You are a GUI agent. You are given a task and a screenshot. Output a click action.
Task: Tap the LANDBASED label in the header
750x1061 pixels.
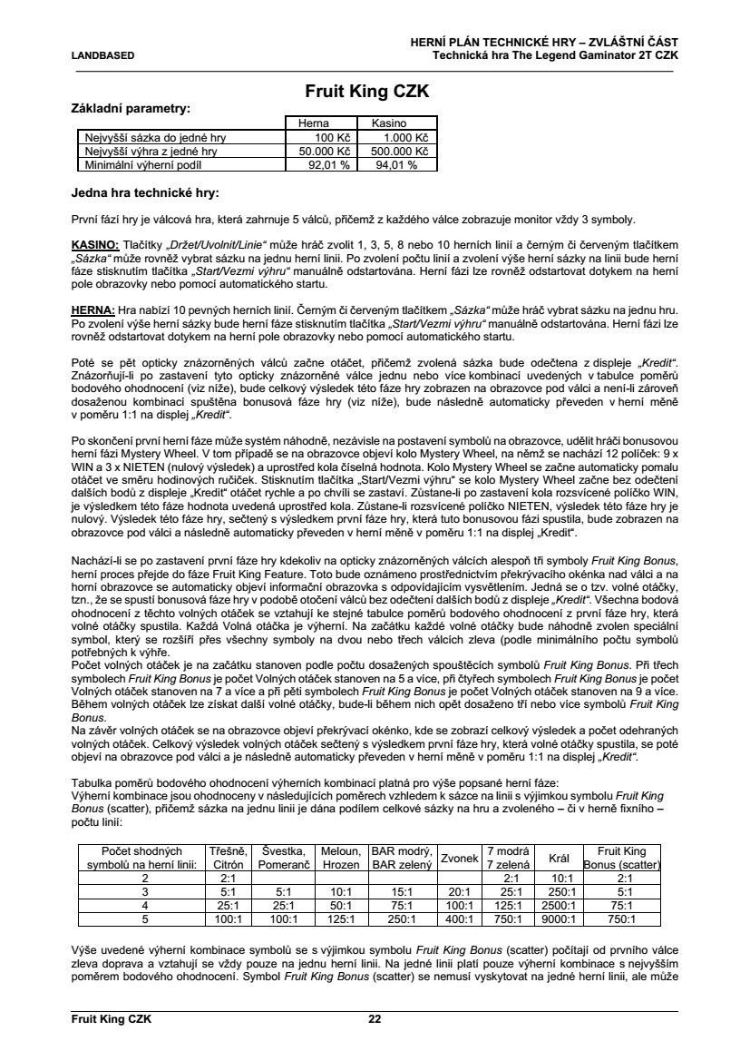coord(102,55)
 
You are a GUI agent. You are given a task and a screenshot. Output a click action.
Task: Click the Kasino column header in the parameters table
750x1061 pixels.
coord(388,123)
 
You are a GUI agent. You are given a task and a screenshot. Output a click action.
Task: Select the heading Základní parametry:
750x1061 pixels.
coord(131,108)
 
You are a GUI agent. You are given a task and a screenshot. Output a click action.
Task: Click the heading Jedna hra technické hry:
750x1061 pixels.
coord(145,192)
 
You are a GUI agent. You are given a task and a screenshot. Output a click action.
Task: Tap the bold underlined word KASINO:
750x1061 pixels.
coord(95,247)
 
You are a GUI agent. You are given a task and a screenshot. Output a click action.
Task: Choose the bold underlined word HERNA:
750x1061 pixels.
coord(93,309)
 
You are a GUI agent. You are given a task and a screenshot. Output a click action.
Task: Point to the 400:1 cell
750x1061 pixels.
coord(460,919)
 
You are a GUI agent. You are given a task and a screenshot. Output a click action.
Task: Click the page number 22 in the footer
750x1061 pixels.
coord(375,1018)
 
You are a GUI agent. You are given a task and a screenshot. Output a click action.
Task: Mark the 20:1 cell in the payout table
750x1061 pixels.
coord(460,891)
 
